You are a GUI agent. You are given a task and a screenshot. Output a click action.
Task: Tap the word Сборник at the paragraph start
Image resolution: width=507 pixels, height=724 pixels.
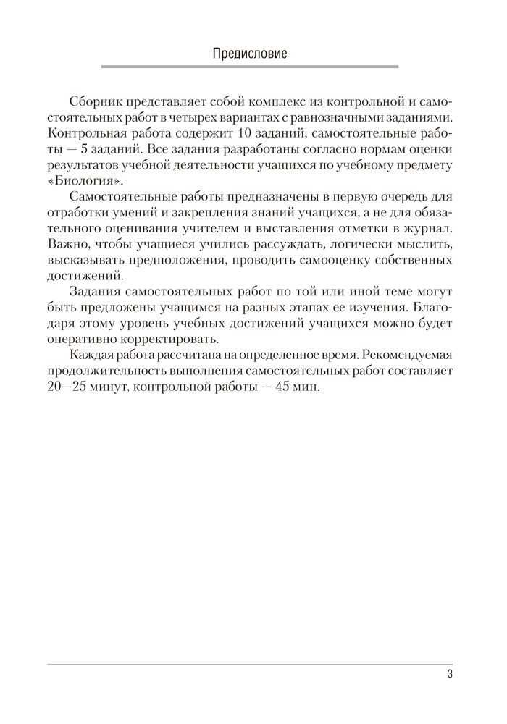point(96,101)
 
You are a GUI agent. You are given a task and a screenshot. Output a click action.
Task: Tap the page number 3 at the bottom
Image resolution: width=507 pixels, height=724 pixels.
point(449,676)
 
